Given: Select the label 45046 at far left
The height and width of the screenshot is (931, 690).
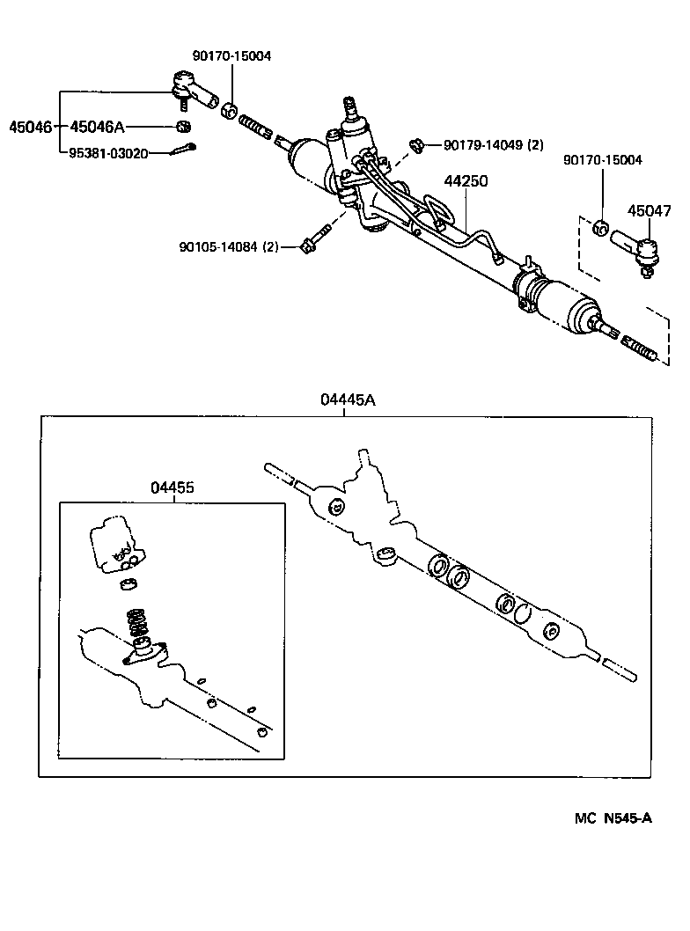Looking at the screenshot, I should tap(29, 127).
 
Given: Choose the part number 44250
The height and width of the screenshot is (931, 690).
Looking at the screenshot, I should tap(466, 181).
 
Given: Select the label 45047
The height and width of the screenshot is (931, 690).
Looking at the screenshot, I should tap(649, 211).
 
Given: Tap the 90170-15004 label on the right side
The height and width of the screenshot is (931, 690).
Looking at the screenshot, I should tap(603, 160).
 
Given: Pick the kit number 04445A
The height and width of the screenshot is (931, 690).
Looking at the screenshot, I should tap(348, 400).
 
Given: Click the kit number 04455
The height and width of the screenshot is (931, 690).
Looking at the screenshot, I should tap(172, 487).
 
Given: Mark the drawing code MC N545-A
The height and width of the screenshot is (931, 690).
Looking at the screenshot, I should tap(613, 818).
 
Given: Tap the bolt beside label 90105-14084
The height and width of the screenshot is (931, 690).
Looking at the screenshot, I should tap(314, 240).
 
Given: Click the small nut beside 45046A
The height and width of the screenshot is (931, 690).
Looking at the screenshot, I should tap(184, 125).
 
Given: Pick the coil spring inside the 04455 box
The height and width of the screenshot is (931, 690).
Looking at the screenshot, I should tap(137, 625).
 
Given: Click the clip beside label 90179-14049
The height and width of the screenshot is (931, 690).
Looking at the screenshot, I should tap(418, 144).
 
